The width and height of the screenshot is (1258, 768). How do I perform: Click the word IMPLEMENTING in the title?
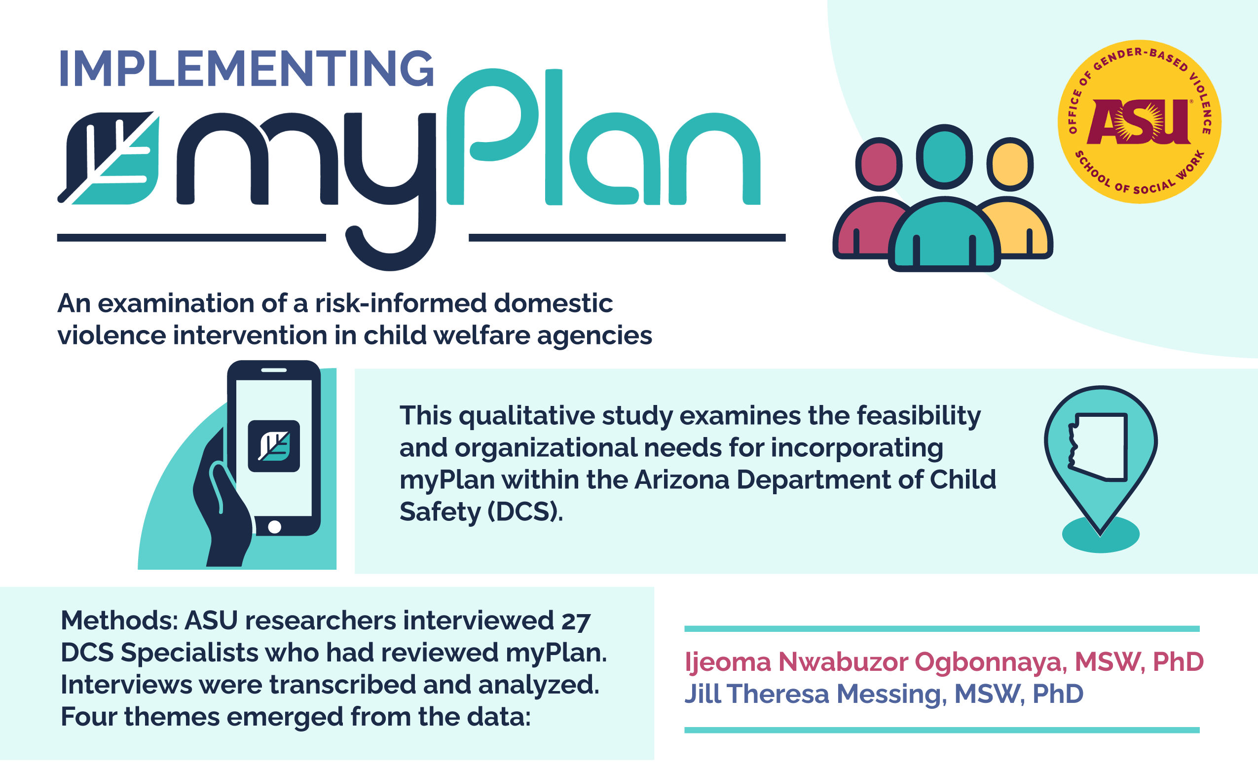click(247, 69)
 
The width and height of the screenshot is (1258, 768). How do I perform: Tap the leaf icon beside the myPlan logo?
click(110, 158)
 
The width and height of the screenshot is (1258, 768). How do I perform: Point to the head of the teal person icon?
click(944, 156)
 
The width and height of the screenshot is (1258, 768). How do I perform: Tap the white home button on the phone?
click(275, 527)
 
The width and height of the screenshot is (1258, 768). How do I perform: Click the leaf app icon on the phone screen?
click(274, 446)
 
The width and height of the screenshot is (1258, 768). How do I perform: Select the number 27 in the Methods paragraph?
click(576, 621)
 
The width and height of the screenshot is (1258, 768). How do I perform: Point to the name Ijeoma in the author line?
click(728, 662)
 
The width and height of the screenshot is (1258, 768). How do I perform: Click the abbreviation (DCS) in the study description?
click(525, 512)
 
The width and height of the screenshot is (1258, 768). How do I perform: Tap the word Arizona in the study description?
click(682, 480)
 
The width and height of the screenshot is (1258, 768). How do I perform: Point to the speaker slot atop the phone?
click(274, 370)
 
